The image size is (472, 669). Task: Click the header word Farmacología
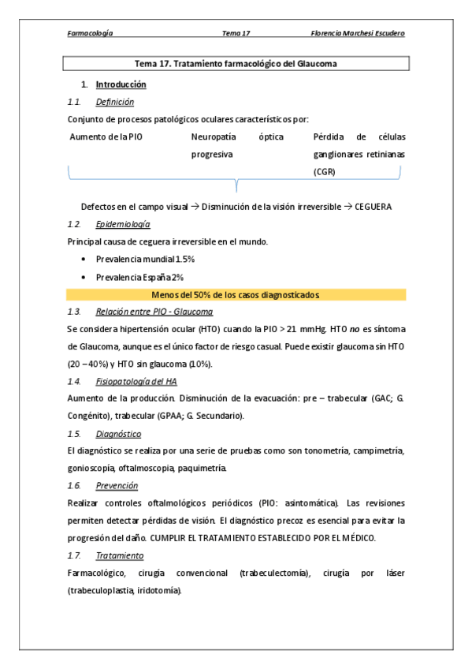[90, 33]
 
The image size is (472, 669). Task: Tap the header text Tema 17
[236, 33]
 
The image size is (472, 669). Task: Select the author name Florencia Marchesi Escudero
[359, 33]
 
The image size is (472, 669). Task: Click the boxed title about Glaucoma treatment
[236, 63]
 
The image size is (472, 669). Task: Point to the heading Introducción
[121, 84]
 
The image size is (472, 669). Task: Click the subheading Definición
[114, 102]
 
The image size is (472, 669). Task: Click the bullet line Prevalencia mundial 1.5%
[145, 259]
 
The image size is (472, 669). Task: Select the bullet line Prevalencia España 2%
[139, 277]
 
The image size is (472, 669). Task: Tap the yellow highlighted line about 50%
[236, 294]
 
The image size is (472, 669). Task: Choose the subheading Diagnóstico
[118, 433]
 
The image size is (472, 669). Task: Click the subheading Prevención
[117, 485]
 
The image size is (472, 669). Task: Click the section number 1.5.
[74, 433]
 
